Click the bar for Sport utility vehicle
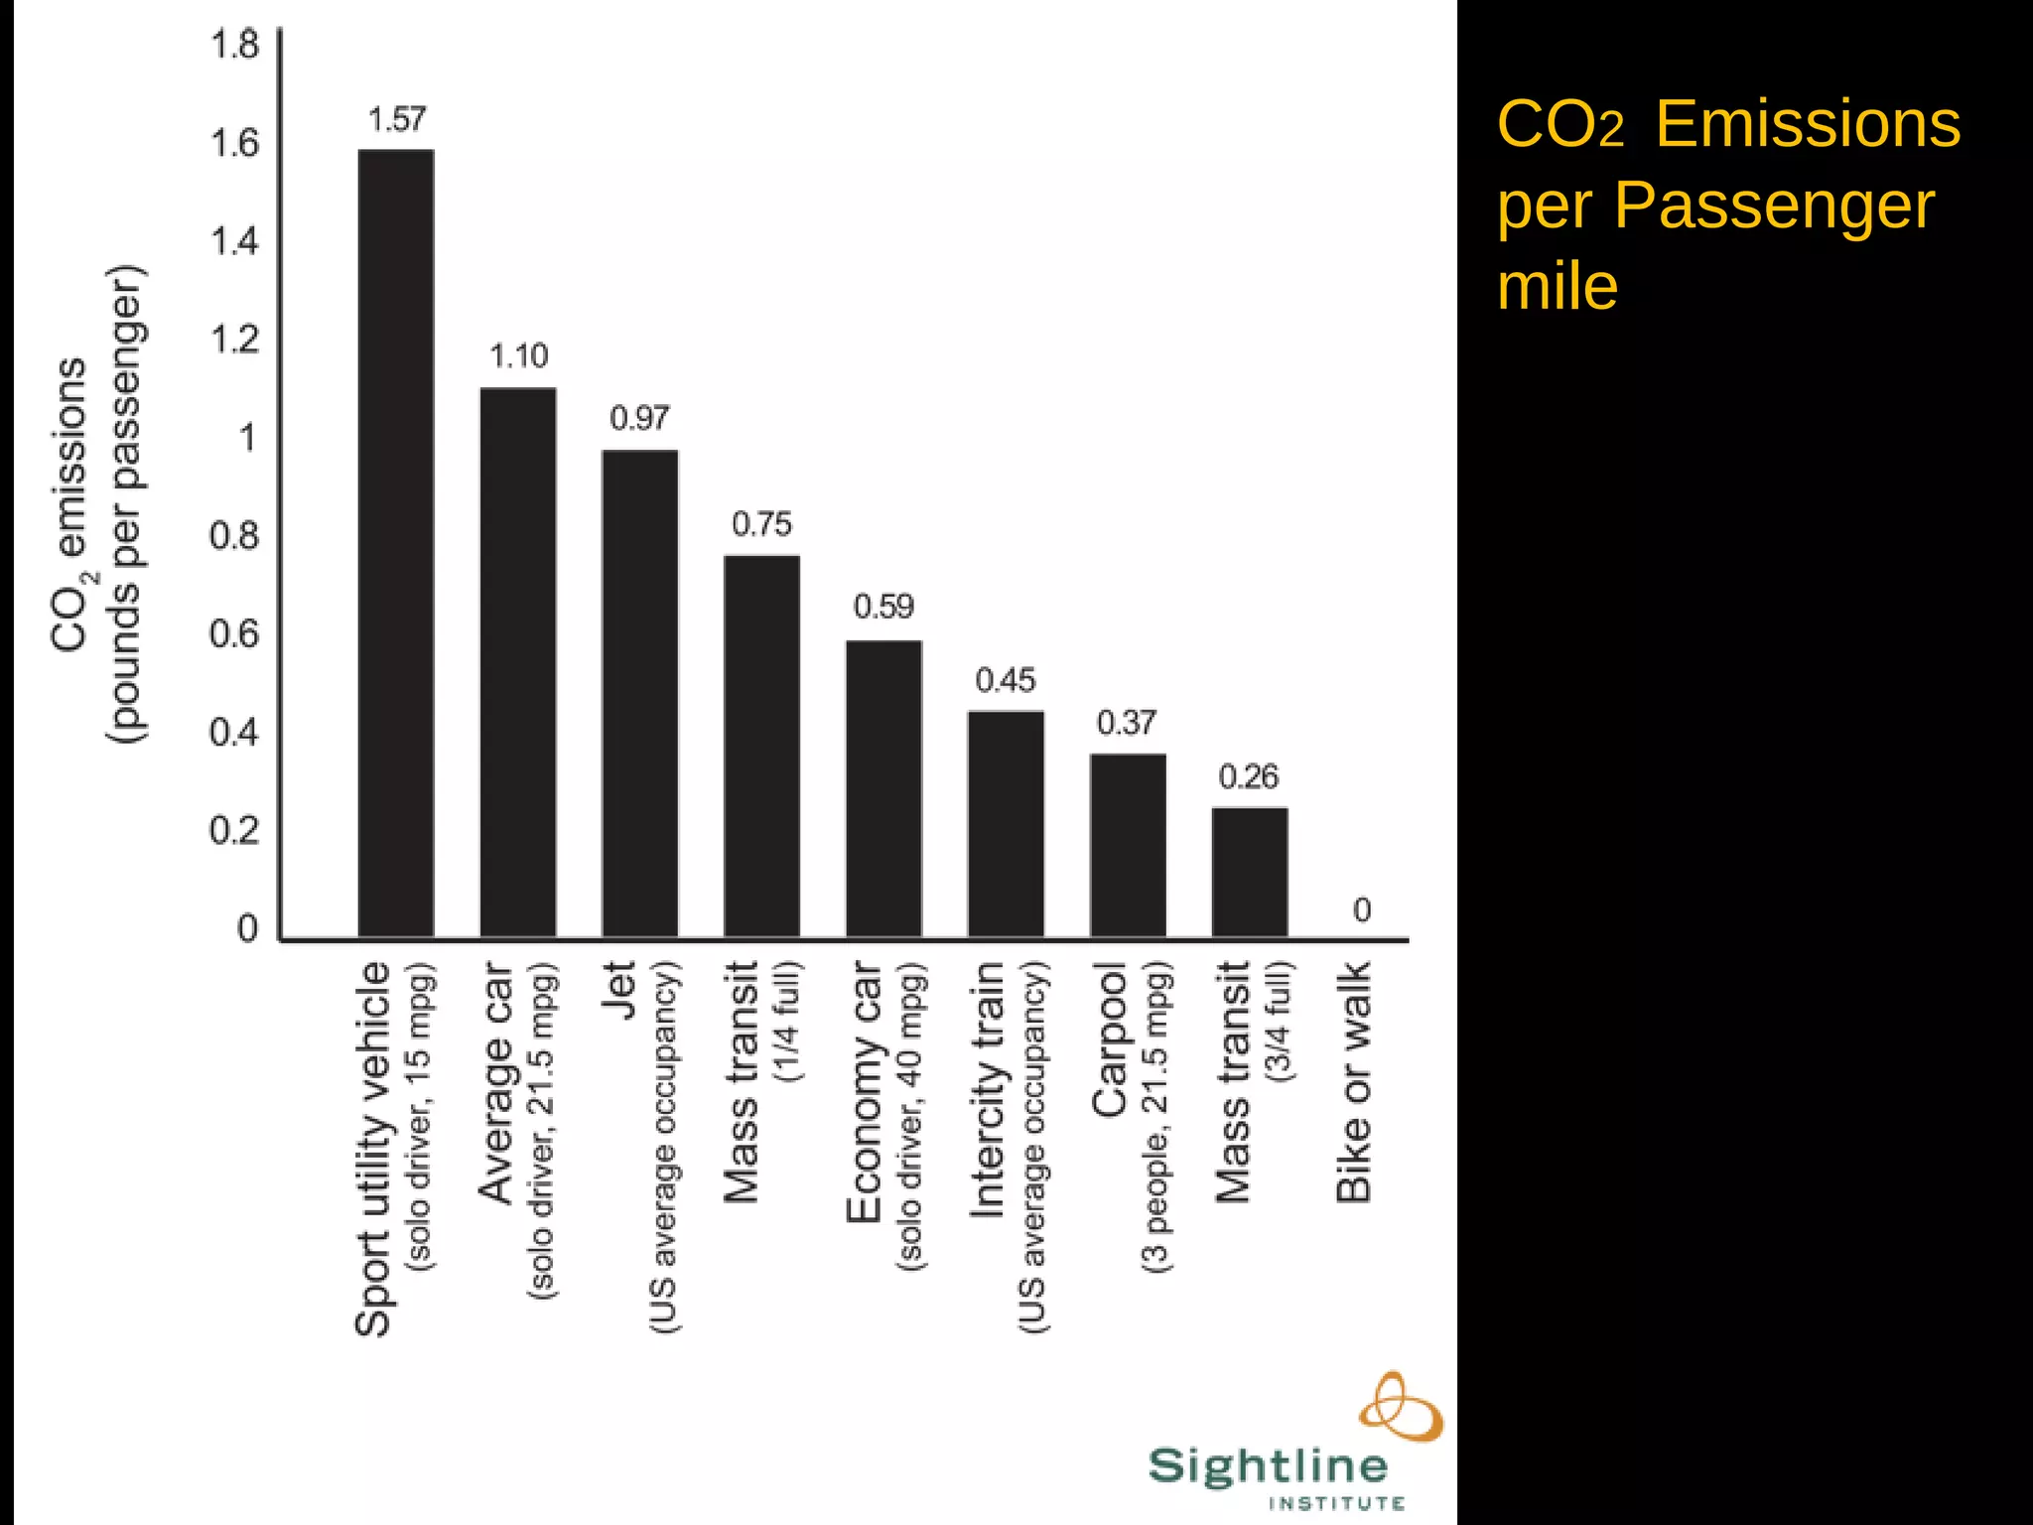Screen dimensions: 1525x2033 pyautogui.click(x=395, y=543)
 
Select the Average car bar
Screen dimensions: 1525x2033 pyautogui.click(x=517, y=662)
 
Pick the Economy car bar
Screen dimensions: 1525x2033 pyautogui.click(x=883, y=788)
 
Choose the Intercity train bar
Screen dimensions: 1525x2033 pyautogui.click(x=1006, y=824)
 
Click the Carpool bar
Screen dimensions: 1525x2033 pyautogui.click(x=1128, y=845)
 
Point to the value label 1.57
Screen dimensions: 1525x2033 pyautogui.click(x=396, y=120)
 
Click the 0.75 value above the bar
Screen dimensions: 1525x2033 pyautogui.click(x=761, y=524)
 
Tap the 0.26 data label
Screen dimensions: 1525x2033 pyautogui.click(x=1248, y=776)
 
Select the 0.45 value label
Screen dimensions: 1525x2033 pyautogui.click(x=1005, y=681)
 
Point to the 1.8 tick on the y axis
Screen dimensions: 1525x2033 pyautogui.click(x=234, y=45)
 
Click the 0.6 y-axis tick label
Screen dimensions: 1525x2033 pyautogui.click(x=234, y=634)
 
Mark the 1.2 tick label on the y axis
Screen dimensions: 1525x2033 pyautogui.click(x=234, y=340)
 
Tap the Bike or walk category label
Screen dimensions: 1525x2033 pyautogui.click(x=1354, y=1081)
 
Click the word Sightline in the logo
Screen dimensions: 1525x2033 pyautogui.click(x=1268, y=1466)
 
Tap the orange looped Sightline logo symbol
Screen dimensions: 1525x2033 pyautogui.click(x=1401, y=1407)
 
